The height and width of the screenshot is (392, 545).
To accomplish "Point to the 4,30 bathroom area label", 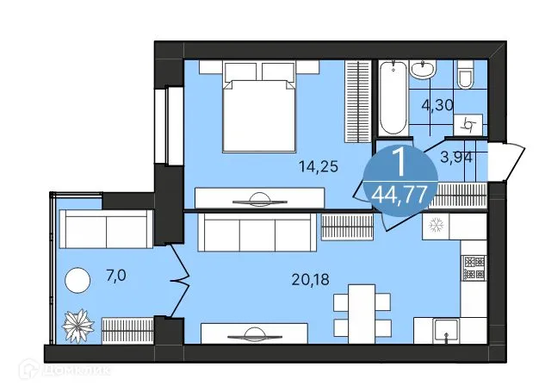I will (x=437, y=108).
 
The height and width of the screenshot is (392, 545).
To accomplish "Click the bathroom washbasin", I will (x=423, y=68).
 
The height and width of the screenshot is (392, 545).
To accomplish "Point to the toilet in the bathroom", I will (x=466, y=76).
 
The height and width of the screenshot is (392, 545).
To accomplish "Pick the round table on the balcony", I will (x=78, y=278).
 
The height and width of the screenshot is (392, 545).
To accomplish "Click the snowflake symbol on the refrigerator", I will (x=435, y=226).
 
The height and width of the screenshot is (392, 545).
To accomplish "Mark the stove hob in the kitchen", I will (x=472, y=268).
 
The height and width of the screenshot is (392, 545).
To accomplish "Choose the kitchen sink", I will (x=444, y=329).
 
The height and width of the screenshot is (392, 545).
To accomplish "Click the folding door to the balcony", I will (x=179, y=276).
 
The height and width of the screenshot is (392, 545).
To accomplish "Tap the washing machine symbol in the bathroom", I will (x=469, y=124).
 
